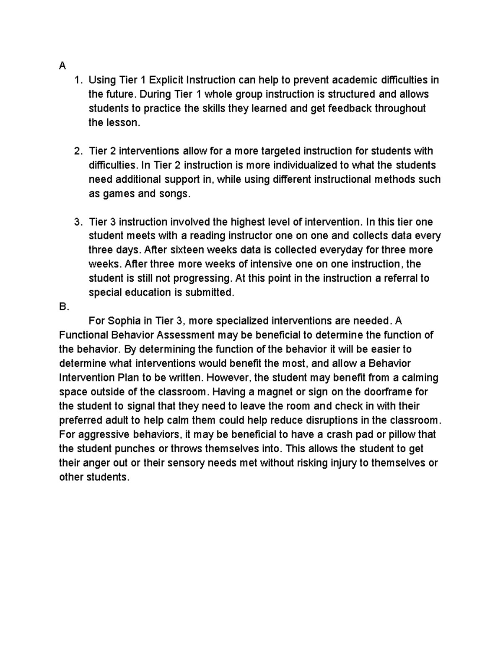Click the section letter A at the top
pyautogui.click(x=62, y=66)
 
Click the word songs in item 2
pyautogui.click(x=173, y=194)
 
